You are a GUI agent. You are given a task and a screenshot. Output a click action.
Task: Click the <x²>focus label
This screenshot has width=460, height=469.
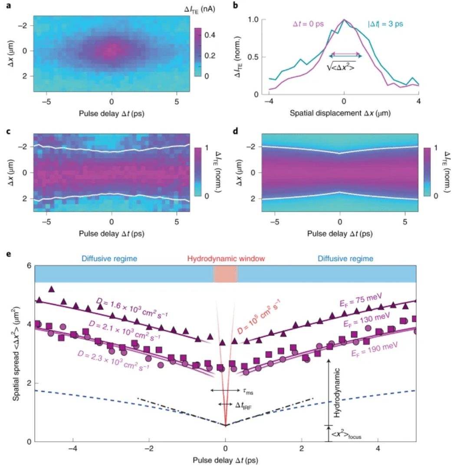(x=345, y=434)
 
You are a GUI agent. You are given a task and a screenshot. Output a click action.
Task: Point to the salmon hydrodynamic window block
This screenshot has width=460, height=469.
(x=225, y=274)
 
